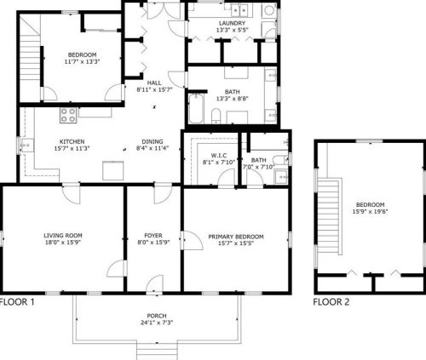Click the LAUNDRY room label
click(x=232, y=23)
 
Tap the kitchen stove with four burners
click(x=68, y=115)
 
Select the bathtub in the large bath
click(x=196, y=109)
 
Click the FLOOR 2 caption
click(x=331, y=302)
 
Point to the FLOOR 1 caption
click(x=17, y=302)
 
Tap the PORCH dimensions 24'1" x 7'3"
click(x=157, y=323)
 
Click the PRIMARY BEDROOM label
click(x=236, y=237)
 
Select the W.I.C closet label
click(x=219, y=156)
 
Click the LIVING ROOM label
click(x=63, y=236)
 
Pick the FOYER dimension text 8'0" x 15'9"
click(x=153, y=243)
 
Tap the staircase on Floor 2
click(x=329, y=217)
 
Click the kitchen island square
click(x=113, y=170)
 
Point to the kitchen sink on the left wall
click(x=26, y=146)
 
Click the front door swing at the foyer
click(x=154, y=283)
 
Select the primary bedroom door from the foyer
click(x=193, y=240)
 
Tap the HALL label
click(x=154, y=83)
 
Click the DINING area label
click(x=153, y=141)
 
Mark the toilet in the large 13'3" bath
click(x=216, y=116)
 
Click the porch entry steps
click(x=157, y=351)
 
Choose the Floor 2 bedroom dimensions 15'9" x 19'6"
click(x=370, y=211)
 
